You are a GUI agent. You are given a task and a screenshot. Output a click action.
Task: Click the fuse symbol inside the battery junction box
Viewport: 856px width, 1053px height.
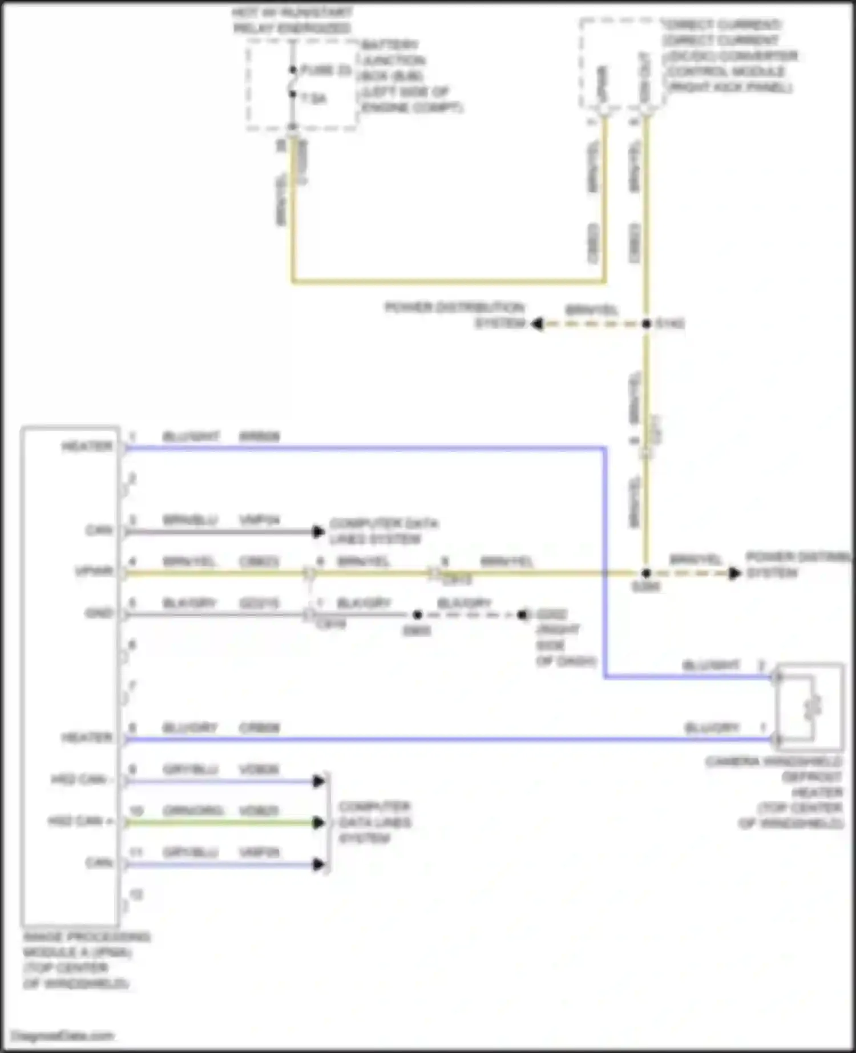[x=293, y=82]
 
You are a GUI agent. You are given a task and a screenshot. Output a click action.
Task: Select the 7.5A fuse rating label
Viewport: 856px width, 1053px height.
[x=313, y=99]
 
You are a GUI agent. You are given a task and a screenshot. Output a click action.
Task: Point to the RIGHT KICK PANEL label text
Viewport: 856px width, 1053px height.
[x=730, y=87]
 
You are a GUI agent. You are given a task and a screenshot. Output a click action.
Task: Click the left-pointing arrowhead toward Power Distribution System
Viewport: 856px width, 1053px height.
[x=536, y=324]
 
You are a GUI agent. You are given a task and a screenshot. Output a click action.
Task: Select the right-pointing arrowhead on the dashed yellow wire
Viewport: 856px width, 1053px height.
[x=734, y=573]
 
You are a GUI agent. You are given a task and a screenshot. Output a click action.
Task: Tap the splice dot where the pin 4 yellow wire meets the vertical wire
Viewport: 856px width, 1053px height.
[x=646, y=573]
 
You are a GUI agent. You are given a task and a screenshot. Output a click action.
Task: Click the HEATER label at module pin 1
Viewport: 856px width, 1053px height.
[x=87, y=446]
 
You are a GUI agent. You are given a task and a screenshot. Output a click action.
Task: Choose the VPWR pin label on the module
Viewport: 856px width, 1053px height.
[x=94, y=571]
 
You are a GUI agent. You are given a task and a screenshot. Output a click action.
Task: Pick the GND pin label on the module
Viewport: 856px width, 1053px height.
[x=99, y=613]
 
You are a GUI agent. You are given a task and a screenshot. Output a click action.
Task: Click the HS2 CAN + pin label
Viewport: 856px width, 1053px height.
[x=80, y=821]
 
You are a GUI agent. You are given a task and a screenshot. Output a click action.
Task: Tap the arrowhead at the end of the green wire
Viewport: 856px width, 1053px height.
[x=319, y=823]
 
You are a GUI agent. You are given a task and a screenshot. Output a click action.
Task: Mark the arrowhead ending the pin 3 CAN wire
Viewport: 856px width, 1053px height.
[x=318, y=532]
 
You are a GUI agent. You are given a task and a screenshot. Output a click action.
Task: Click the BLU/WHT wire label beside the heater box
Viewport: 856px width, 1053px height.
[x=711, y=665]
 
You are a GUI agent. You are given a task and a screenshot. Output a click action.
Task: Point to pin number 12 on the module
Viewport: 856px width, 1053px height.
[x=136, y=894]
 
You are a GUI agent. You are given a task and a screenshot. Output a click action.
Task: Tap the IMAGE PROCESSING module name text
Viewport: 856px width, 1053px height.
[x=86, y=937]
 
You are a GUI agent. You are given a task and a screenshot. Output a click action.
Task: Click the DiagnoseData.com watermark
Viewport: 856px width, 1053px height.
[x=63, y=1035]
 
